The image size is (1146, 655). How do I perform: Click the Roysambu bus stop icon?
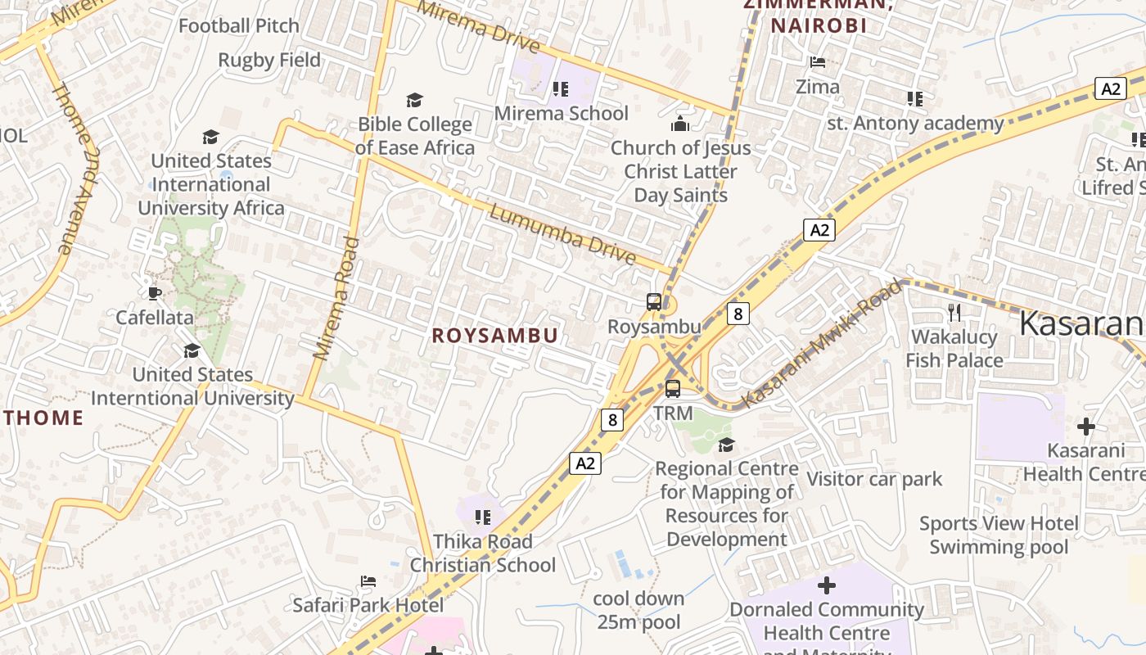coord(653,301)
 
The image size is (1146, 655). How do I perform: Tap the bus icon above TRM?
coord(673,389)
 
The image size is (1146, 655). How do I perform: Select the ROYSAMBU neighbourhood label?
coord(495,336)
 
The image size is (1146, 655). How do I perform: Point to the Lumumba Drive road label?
coord(562,235)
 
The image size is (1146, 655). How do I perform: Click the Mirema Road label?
coord(336,299)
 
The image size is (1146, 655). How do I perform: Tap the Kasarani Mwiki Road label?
coord(823,344)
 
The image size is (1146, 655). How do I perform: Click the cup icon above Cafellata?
coord(154,293)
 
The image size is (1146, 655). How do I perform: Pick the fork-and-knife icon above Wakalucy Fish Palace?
coord(954,312)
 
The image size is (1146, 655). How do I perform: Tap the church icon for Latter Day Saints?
coord(679,124)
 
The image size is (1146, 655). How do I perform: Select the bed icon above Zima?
coord(817,62)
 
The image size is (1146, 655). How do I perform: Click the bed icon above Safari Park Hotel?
coord(368,581)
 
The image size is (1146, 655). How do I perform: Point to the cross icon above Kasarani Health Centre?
coord(1085,427)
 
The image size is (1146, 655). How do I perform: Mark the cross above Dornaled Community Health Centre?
coord(827,585)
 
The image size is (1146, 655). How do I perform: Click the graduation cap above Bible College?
coord(415,100)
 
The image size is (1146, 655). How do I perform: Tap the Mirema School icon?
coord(561,88)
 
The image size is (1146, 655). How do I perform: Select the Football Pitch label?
coord(239,25)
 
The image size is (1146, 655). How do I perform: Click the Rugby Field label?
coord(269,60)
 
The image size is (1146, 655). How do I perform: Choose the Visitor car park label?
coord(874,479)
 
